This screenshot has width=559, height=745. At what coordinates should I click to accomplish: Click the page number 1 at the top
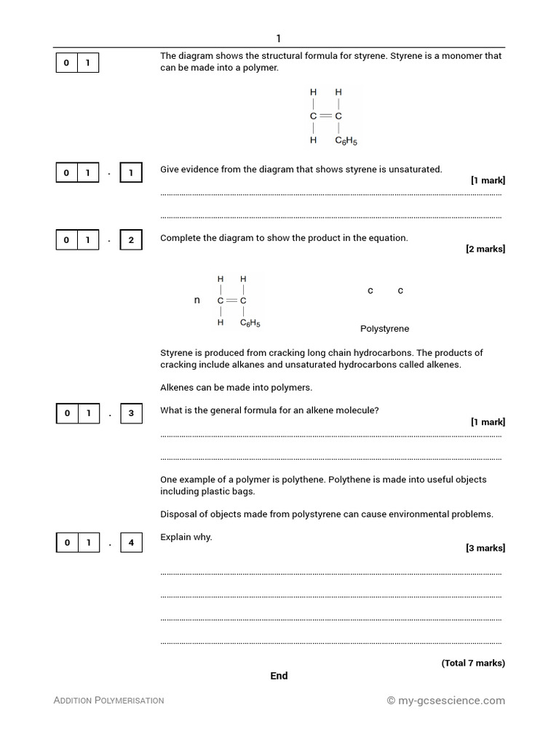(x=278, y=39)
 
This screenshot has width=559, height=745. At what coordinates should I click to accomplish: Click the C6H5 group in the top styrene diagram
(x=346, y=140)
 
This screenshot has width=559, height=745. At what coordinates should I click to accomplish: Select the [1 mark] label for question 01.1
(x=487, y=180)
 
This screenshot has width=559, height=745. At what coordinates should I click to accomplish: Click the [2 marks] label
(x=485, y=249)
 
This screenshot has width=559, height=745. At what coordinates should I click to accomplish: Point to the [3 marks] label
(x=485, y=548)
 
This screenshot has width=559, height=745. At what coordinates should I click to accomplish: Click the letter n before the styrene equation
(x=197, y=300)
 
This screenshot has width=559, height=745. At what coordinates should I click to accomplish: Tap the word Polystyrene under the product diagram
(x=384, y=329)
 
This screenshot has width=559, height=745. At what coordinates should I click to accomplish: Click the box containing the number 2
(x=131, y=240)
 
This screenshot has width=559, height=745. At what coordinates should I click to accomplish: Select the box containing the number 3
(x=131, y=413)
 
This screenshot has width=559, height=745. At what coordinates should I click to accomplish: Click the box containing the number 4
(x=131, y=543)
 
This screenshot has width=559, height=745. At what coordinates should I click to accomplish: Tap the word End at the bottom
(x=279, y=676)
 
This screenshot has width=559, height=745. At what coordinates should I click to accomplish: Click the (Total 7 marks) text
(x=472, y=663)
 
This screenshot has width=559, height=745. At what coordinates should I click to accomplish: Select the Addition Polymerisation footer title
(x=108, y=700)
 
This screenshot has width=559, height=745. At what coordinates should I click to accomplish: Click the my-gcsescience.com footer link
(x=445, y=700)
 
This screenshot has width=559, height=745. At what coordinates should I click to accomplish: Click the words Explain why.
(x=186, y=537)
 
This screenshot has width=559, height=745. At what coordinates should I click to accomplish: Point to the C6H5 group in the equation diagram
(x=250, y=322)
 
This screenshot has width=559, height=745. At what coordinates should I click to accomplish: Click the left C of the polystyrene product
(x=370, y=291)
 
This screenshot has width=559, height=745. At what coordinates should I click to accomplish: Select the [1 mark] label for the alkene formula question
(x=487, y=422)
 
